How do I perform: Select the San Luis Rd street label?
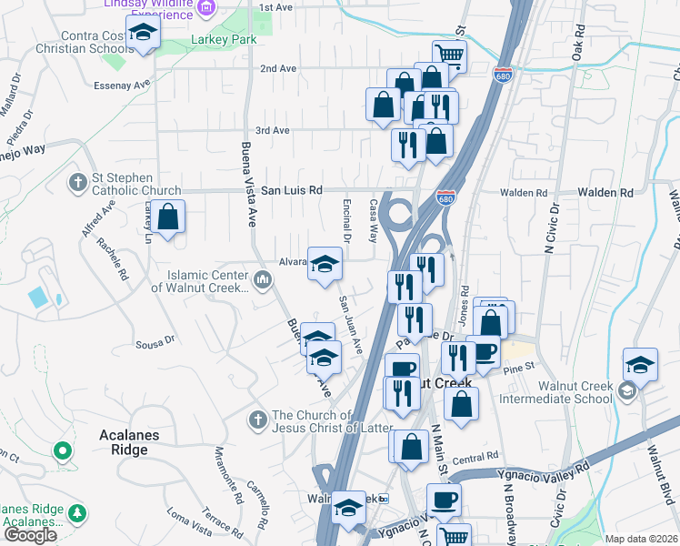[292, 191]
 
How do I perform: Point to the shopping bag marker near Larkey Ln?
[168, 217]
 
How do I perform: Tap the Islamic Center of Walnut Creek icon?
[262, 278]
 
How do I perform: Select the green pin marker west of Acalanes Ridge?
[62, 450]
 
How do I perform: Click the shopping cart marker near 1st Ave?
[449, 56]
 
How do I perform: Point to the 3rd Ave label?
[272, 131]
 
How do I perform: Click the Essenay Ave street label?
[121, 85]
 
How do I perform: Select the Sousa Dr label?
[154, 343]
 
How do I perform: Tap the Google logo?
[30, 535]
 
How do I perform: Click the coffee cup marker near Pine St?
[483, 351]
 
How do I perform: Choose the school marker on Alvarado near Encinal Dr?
[325, 265]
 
